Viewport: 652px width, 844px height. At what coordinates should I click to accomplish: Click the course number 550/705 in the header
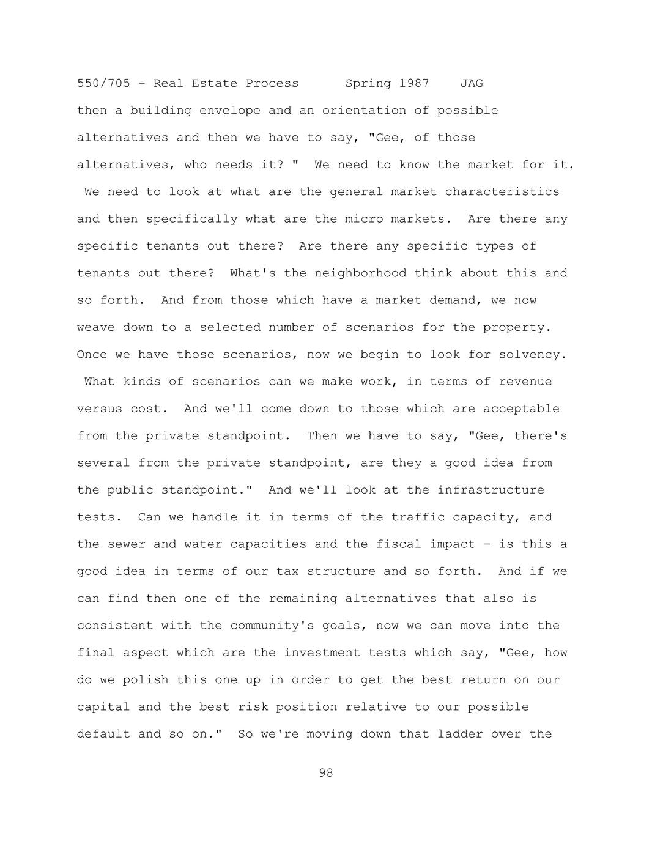[x=103, y=83]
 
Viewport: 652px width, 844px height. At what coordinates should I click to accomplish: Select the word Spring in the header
[x=368, y=83]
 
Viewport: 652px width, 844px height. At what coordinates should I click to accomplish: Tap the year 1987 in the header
[x=414, y=83]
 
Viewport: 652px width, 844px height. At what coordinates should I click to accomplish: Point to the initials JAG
[x=472, y=83]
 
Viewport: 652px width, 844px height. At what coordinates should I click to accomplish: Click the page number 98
[x=326, y=773]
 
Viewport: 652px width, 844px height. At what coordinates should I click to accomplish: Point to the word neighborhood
[x=360, y=273]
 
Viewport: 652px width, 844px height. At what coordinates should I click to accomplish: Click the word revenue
[x=525, y=382]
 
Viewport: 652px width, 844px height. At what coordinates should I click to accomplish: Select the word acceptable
[x=521, y=409]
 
